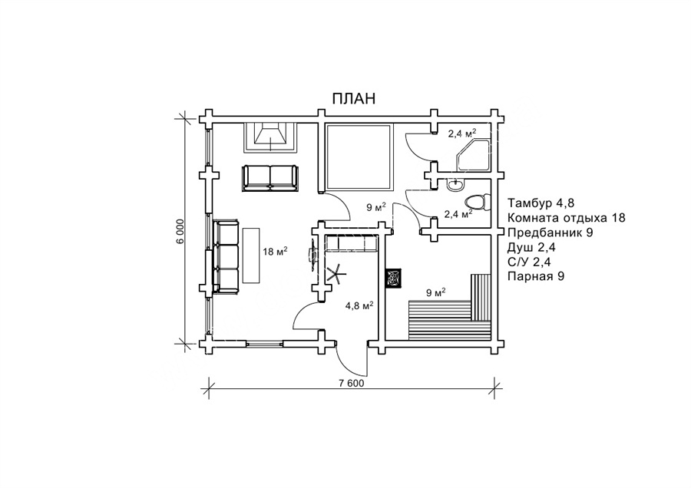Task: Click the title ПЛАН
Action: (353, 99)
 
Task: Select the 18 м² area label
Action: (275, 252)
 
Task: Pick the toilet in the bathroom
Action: (476, 202)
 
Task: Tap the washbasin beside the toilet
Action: (455, 185)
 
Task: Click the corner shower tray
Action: (474, 156)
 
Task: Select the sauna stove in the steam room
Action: (393, 279)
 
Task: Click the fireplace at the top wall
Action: (270, 137)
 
